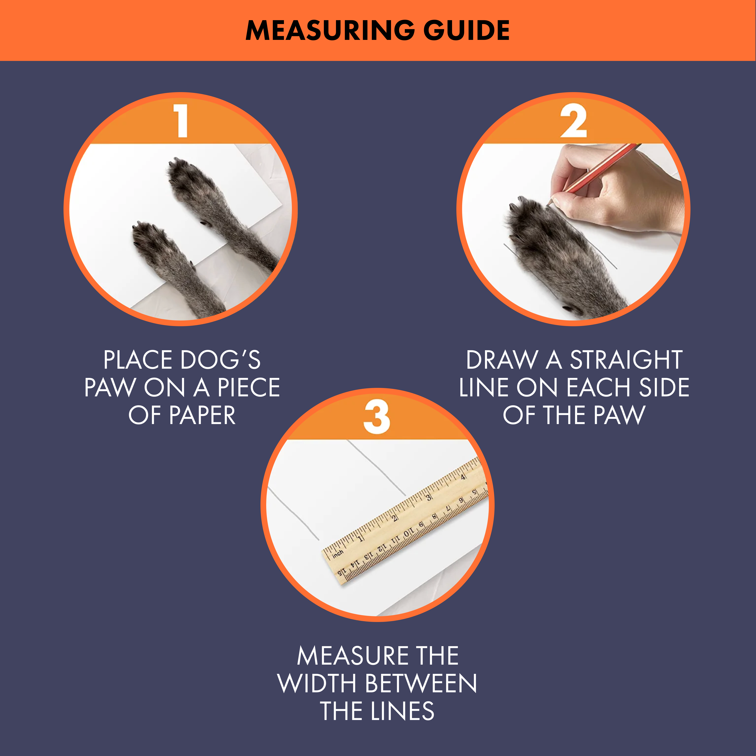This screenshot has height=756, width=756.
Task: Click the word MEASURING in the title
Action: pyautogui.click(x=330, y=30)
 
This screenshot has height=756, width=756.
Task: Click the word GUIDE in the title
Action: pyautogui.click(x=467, y=30)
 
